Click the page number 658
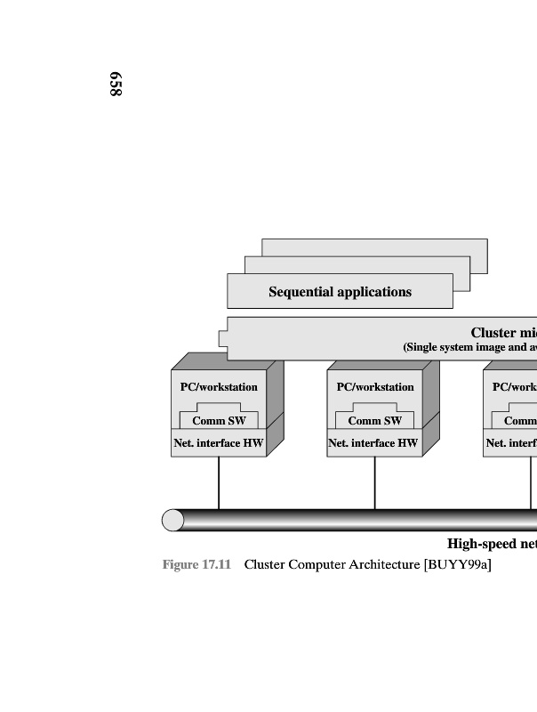click(115, 85)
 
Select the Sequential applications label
click(340, 292)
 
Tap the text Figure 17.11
click(196, 565)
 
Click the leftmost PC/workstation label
click(219, 387)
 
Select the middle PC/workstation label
click(375, 387)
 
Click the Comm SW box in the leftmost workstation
click(219, 421)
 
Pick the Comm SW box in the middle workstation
click(375, 421)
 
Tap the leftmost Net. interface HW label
click(219, 442)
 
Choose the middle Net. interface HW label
click(373, 442)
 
